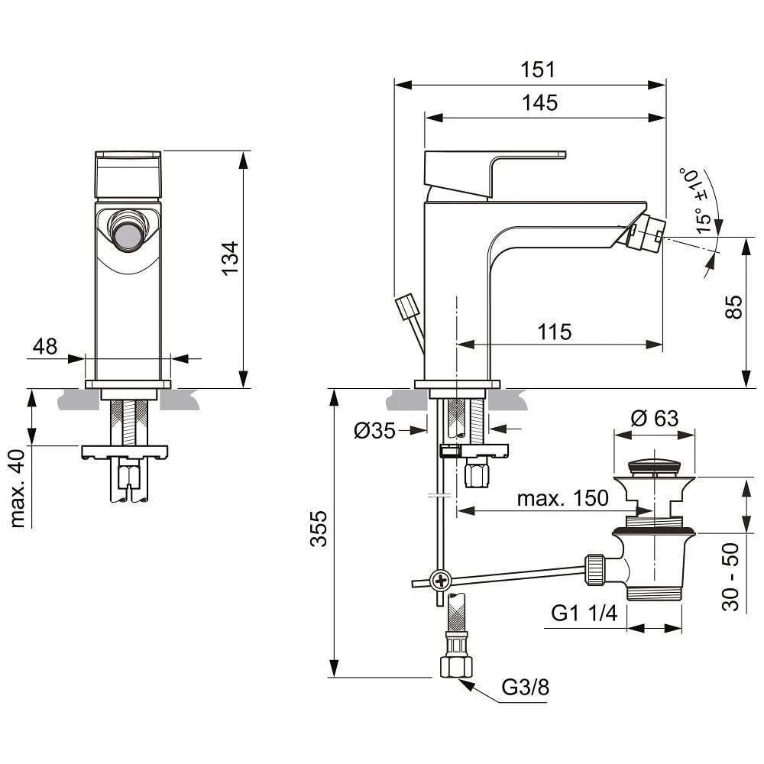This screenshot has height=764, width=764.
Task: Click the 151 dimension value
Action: click(537, 70)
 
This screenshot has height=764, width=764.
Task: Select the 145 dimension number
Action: click(539, 103)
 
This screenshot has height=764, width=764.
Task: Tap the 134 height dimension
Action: click(230, 258)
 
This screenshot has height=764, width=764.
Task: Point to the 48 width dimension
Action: click(45, 346)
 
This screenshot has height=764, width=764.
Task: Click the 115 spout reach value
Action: click(555, 332)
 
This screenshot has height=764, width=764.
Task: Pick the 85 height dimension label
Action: click(733, 306)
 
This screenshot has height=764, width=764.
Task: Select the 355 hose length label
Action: click(319, 529)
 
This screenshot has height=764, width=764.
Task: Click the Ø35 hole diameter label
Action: click(374, 431)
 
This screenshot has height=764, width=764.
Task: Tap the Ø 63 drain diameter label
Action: click(655, 418)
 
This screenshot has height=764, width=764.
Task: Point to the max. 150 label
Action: click(563, 498)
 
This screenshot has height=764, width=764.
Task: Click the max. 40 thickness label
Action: click(18, 488)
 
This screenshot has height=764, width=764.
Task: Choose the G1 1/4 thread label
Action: click(584, 613)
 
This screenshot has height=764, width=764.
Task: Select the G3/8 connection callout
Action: click(526, 687)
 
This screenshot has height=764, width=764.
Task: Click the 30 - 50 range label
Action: click(730, 577)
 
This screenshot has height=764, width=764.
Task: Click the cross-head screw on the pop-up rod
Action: click(441, 581)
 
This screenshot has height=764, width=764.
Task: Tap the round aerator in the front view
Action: click(128, 231)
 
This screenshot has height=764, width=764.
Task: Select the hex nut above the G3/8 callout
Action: click(456, 665)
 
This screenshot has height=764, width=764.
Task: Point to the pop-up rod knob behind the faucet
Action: click(407, 306)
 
